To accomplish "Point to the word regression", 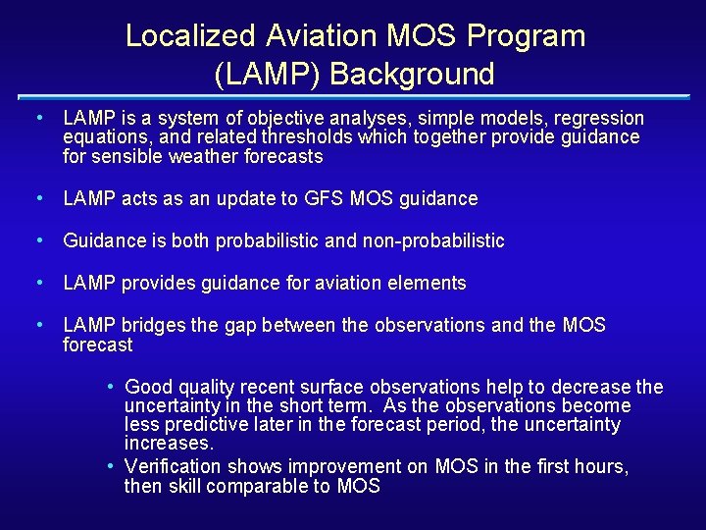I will [600, 118].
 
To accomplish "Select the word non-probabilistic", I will [429, 241].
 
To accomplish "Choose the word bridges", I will [153, 326].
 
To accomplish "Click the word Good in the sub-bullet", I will [147, 388].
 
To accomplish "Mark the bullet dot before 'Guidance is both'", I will [37, 240].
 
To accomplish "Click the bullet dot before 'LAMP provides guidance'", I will [37, 283].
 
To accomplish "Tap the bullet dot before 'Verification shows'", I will [113, 466].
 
